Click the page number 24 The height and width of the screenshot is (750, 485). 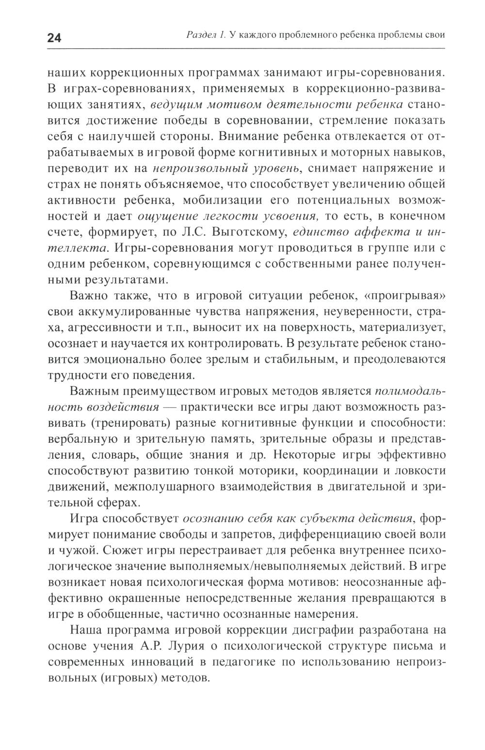(54, 38)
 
